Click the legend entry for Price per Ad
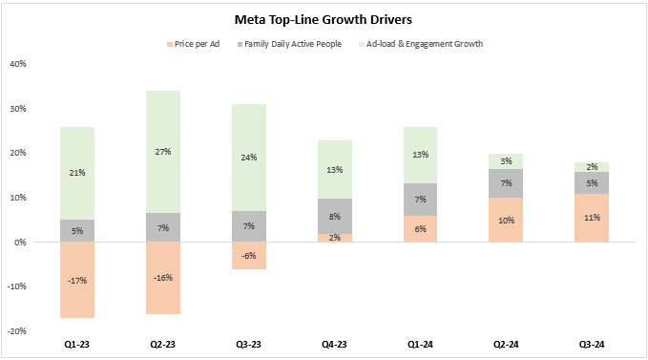(x=196, y=44)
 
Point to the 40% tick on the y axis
(x=17, y=64)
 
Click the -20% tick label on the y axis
(x=15, y=330)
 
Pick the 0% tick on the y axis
(x=20, y=242)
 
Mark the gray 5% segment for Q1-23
(x=77, y=230)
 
